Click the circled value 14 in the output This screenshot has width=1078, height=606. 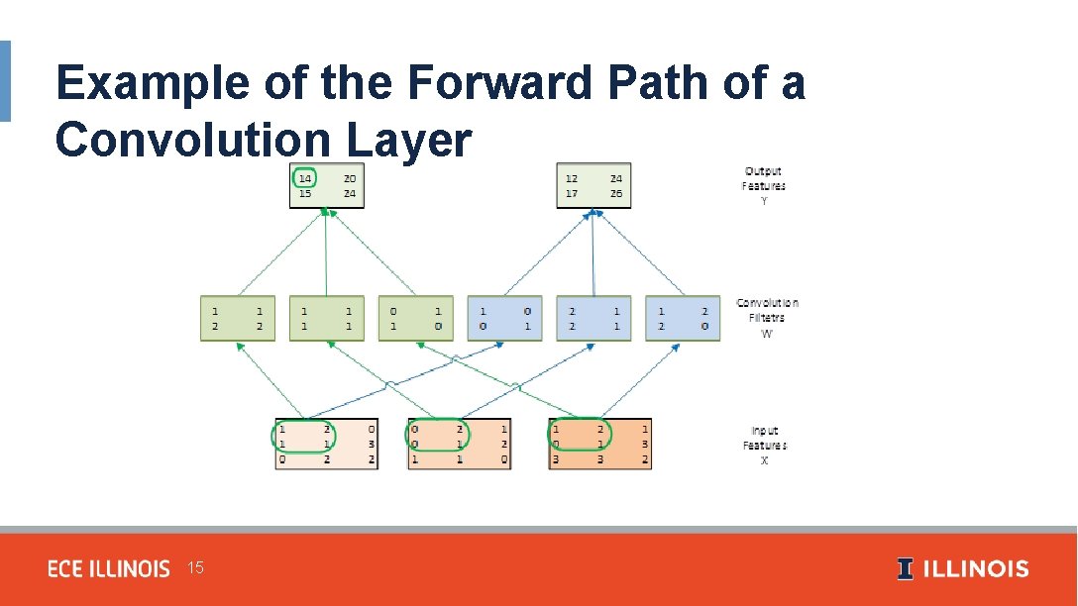tap(305, 179)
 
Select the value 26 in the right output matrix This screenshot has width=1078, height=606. tap(617, 194)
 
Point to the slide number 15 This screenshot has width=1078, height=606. tap(195, 568)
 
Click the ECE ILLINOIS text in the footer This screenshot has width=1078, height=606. tap(109, 569)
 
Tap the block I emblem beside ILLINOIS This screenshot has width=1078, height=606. tap(906, 569)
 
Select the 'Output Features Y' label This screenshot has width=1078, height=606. tap(763, 186)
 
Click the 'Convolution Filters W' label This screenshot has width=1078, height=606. tap(767, 318)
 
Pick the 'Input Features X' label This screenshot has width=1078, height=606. tap(765, 446)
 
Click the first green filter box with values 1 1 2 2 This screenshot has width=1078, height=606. tap(238, 318)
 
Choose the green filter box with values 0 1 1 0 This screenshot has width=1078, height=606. tap(415, 318)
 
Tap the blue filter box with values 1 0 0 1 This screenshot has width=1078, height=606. tap(504, 318)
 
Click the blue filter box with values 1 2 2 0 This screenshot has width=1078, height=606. tap(683, 318)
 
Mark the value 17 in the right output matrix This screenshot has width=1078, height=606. tap(573, 194)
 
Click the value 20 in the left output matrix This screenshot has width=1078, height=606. tap(350, 179)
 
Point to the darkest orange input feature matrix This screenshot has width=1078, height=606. tap(600, 444)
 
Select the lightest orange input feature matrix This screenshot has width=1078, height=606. tap(326, 444)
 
